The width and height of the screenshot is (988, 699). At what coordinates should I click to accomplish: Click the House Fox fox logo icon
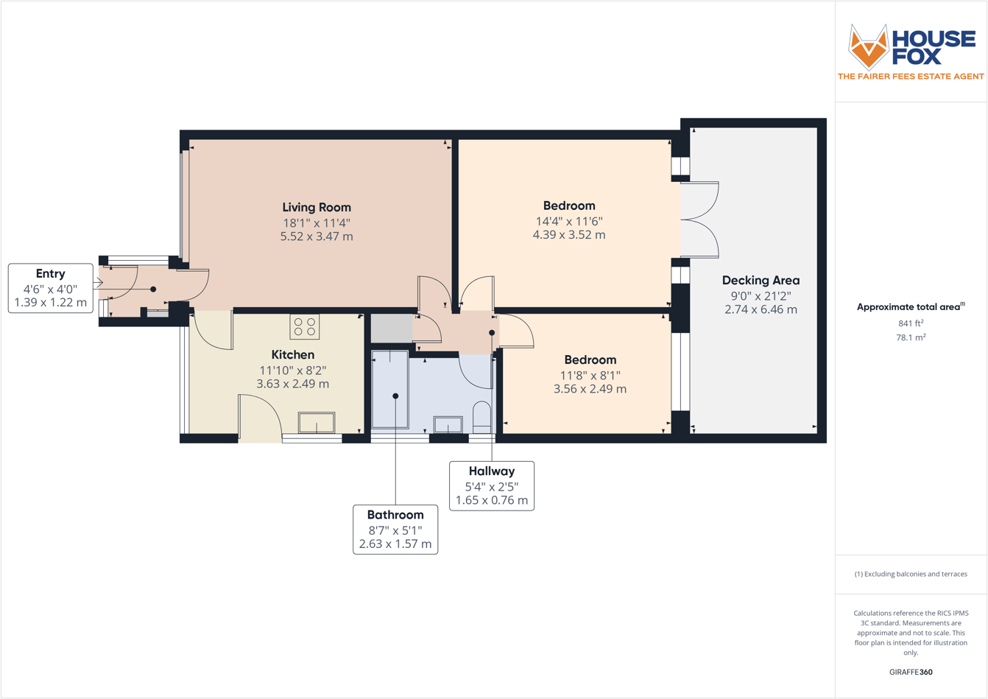[x=869, y=46]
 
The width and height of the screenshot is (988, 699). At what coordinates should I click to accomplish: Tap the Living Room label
[x=317, y=208]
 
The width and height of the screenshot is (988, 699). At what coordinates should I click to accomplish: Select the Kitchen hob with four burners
[x=304, y=326]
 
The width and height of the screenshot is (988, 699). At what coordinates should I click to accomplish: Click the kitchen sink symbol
[x=316, y=423]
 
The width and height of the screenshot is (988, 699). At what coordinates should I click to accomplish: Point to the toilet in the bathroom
[x=481, y=417]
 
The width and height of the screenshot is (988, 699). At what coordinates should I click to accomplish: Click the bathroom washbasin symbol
[x=448, y=424]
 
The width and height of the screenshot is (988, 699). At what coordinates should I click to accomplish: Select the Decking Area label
[x=761, y=281]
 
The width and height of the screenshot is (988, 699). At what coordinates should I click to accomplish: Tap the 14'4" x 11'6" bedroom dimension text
[x=568, y=221]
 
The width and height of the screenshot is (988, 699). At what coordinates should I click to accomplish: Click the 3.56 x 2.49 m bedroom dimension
[x=590, y=389]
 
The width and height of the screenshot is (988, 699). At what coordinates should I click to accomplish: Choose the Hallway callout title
[x=492, y=471]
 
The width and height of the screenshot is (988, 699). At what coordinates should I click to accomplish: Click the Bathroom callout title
[x=395, y=516]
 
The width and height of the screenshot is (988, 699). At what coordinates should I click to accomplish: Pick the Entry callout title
[x=50, y=274]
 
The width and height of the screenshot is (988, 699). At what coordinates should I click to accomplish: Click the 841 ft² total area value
[x=911, y=323]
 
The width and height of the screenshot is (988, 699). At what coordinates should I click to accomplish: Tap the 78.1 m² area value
[x=911, y=337]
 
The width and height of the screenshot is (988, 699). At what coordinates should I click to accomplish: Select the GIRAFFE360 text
[x=911, y=672]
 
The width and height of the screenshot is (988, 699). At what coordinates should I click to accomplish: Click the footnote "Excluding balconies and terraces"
[x=911, y=574]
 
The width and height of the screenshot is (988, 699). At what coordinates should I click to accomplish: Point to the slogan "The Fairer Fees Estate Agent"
[x=911, y=77]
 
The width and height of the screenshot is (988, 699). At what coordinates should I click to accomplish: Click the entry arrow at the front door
[x=98, y=282]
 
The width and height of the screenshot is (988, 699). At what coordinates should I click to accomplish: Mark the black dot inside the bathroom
[x=395, y=396]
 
